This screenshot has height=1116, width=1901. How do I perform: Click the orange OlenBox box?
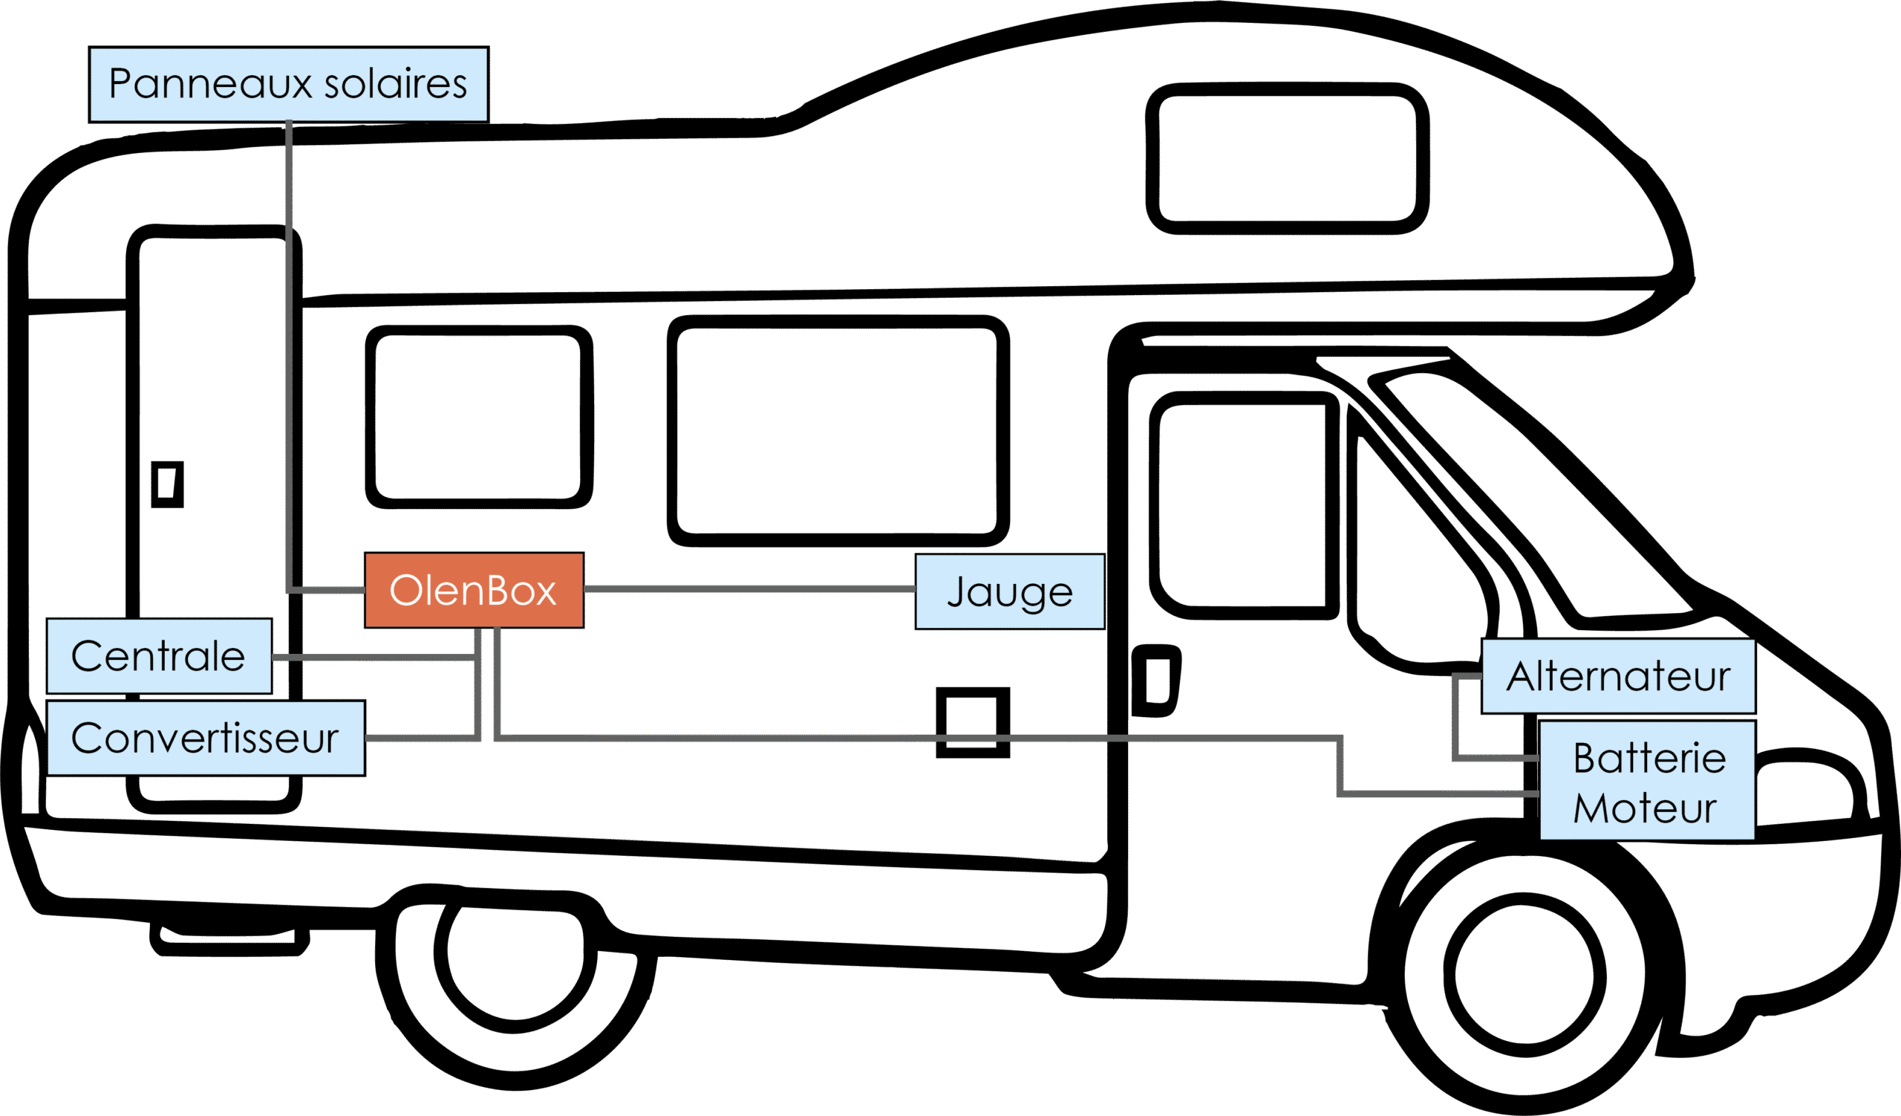tap(474, 590)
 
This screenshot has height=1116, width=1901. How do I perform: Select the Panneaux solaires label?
tap(289, 84)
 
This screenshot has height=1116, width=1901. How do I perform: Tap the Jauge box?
tap(1010, 591)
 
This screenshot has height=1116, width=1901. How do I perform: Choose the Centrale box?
tap(159, 656)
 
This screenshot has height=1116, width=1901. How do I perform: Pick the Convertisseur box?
tap(206, 738)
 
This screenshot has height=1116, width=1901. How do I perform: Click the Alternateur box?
tap(1619, 676)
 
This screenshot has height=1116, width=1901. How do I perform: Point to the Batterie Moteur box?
tap(1647, 780)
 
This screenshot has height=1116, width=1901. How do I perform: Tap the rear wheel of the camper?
tap(515, 973)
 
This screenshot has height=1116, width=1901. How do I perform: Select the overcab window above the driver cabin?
tap(1287, 158)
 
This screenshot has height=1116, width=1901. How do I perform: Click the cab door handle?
tap(1155, 681)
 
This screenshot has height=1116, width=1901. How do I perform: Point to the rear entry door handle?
tap(168, 484)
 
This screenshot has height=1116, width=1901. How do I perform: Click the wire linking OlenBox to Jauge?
tap(749, 588)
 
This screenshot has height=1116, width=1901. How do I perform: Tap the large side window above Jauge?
tap(838, 431)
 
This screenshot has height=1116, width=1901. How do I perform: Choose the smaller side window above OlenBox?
tap(479, 418)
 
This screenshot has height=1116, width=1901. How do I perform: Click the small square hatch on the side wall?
tap(973, 722)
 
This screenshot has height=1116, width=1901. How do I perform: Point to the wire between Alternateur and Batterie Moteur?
tap(1456, 717)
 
